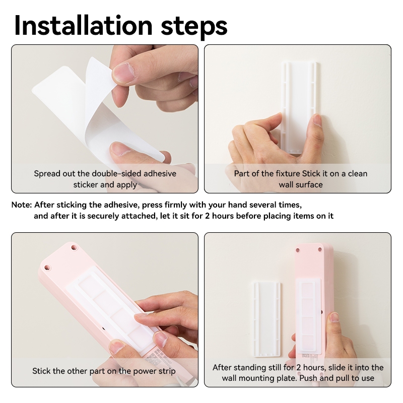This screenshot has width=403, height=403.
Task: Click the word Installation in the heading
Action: [x=84, y=26]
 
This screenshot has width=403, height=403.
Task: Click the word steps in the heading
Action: [x=194, y=28]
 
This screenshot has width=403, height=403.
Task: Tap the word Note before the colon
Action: [x=21, y=205]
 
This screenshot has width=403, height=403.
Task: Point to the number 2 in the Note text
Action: [x=207, y=216]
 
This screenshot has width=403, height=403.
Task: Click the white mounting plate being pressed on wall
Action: [x=299, y=108]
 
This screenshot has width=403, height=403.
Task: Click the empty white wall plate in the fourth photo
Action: [x=267, y=319]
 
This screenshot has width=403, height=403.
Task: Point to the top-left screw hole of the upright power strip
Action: [x=298, y=250]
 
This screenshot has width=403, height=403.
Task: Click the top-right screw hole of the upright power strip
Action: [x=320, y=249]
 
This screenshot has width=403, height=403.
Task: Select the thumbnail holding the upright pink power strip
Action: [x=334, y=318]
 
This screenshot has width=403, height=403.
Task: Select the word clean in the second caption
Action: [x=357, y=173]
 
